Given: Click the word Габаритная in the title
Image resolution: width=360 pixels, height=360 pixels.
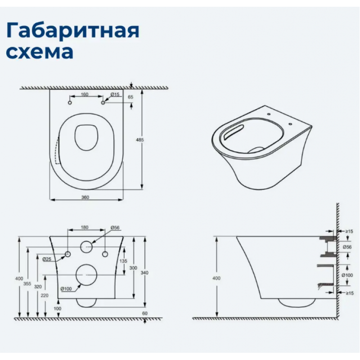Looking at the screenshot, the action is pyautogui.click(x=72, y=31).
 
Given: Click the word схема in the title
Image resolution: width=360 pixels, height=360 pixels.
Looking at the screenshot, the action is pyautogui.click(x=40, y=52).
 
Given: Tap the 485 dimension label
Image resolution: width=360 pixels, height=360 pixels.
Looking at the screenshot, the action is pyautogui.click(x=139, y=139).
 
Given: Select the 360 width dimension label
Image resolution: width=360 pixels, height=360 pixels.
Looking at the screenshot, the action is pyautogui.click(x=85, y=197).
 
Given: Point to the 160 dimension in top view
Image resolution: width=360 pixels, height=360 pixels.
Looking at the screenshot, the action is pyautogui.click(x=85, y=94).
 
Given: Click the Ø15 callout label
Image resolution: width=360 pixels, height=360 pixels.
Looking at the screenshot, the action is pyautogui.click(x=115, y=94).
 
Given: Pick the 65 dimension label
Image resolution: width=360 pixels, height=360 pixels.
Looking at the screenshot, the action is pyautogui.click(x=130, y=97).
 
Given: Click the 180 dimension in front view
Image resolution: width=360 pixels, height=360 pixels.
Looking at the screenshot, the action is pyautogui.click(x=85, y=227).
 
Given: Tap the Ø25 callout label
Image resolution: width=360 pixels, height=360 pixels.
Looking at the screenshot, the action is pyautogui.click(x=47, y=259).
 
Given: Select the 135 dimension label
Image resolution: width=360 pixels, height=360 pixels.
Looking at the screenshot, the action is pyautogui.click(x=123, y=261).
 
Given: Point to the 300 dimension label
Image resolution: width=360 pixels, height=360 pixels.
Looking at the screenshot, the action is pyautogui.click(x=133, y=268).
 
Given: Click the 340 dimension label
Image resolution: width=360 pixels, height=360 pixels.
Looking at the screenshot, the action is pyautogui.click(x=144, y=273).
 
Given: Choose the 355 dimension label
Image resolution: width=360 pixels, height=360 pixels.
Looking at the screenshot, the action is pyautogui.click(x=27, y=283).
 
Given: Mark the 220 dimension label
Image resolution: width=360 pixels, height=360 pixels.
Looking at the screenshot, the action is pyautogui.click(x=45, y=295).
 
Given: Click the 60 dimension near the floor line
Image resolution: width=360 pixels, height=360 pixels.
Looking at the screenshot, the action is pyautogui.click(x=144, y=313).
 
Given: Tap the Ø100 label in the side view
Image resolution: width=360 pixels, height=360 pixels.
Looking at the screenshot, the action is pyautogui.click(x=347, y=275).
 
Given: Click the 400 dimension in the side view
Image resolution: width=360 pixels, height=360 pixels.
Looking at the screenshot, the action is pyautogui.click(x=216, y=278).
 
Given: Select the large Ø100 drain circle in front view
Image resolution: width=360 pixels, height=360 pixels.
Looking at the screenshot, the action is pyautogui.click(x=86, y=264).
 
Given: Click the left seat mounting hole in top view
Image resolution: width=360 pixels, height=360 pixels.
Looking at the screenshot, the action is pyautogui.click(x=70, y=103).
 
